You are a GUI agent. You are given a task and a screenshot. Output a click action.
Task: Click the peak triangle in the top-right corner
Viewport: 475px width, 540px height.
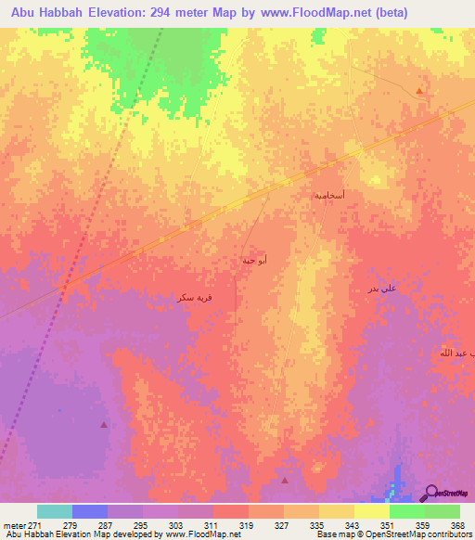point(419,91)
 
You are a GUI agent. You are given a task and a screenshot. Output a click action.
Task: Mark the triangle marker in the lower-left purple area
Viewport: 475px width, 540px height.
point(103,424)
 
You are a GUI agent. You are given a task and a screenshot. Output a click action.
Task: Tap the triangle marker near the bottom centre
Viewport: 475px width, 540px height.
point(284,480)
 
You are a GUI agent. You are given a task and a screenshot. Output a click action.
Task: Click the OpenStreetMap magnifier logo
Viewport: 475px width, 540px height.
point(433,492)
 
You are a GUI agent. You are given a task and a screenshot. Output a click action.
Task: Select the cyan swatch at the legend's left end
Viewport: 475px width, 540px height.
point(55,511)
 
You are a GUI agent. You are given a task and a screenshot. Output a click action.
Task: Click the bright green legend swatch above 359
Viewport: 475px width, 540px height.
point(406,511)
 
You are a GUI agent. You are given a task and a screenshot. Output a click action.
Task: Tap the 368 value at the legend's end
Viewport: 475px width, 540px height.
point(456,525)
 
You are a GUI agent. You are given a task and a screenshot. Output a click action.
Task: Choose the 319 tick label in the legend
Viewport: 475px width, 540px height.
point(248,525)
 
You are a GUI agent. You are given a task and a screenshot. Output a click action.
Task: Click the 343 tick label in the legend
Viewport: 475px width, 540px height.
point(353,525)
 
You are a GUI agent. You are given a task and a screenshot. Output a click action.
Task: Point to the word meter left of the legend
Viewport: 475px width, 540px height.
point(11,525)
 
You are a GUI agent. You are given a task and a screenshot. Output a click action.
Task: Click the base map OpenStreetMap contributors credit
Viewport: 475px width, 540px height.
point(392,535)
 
